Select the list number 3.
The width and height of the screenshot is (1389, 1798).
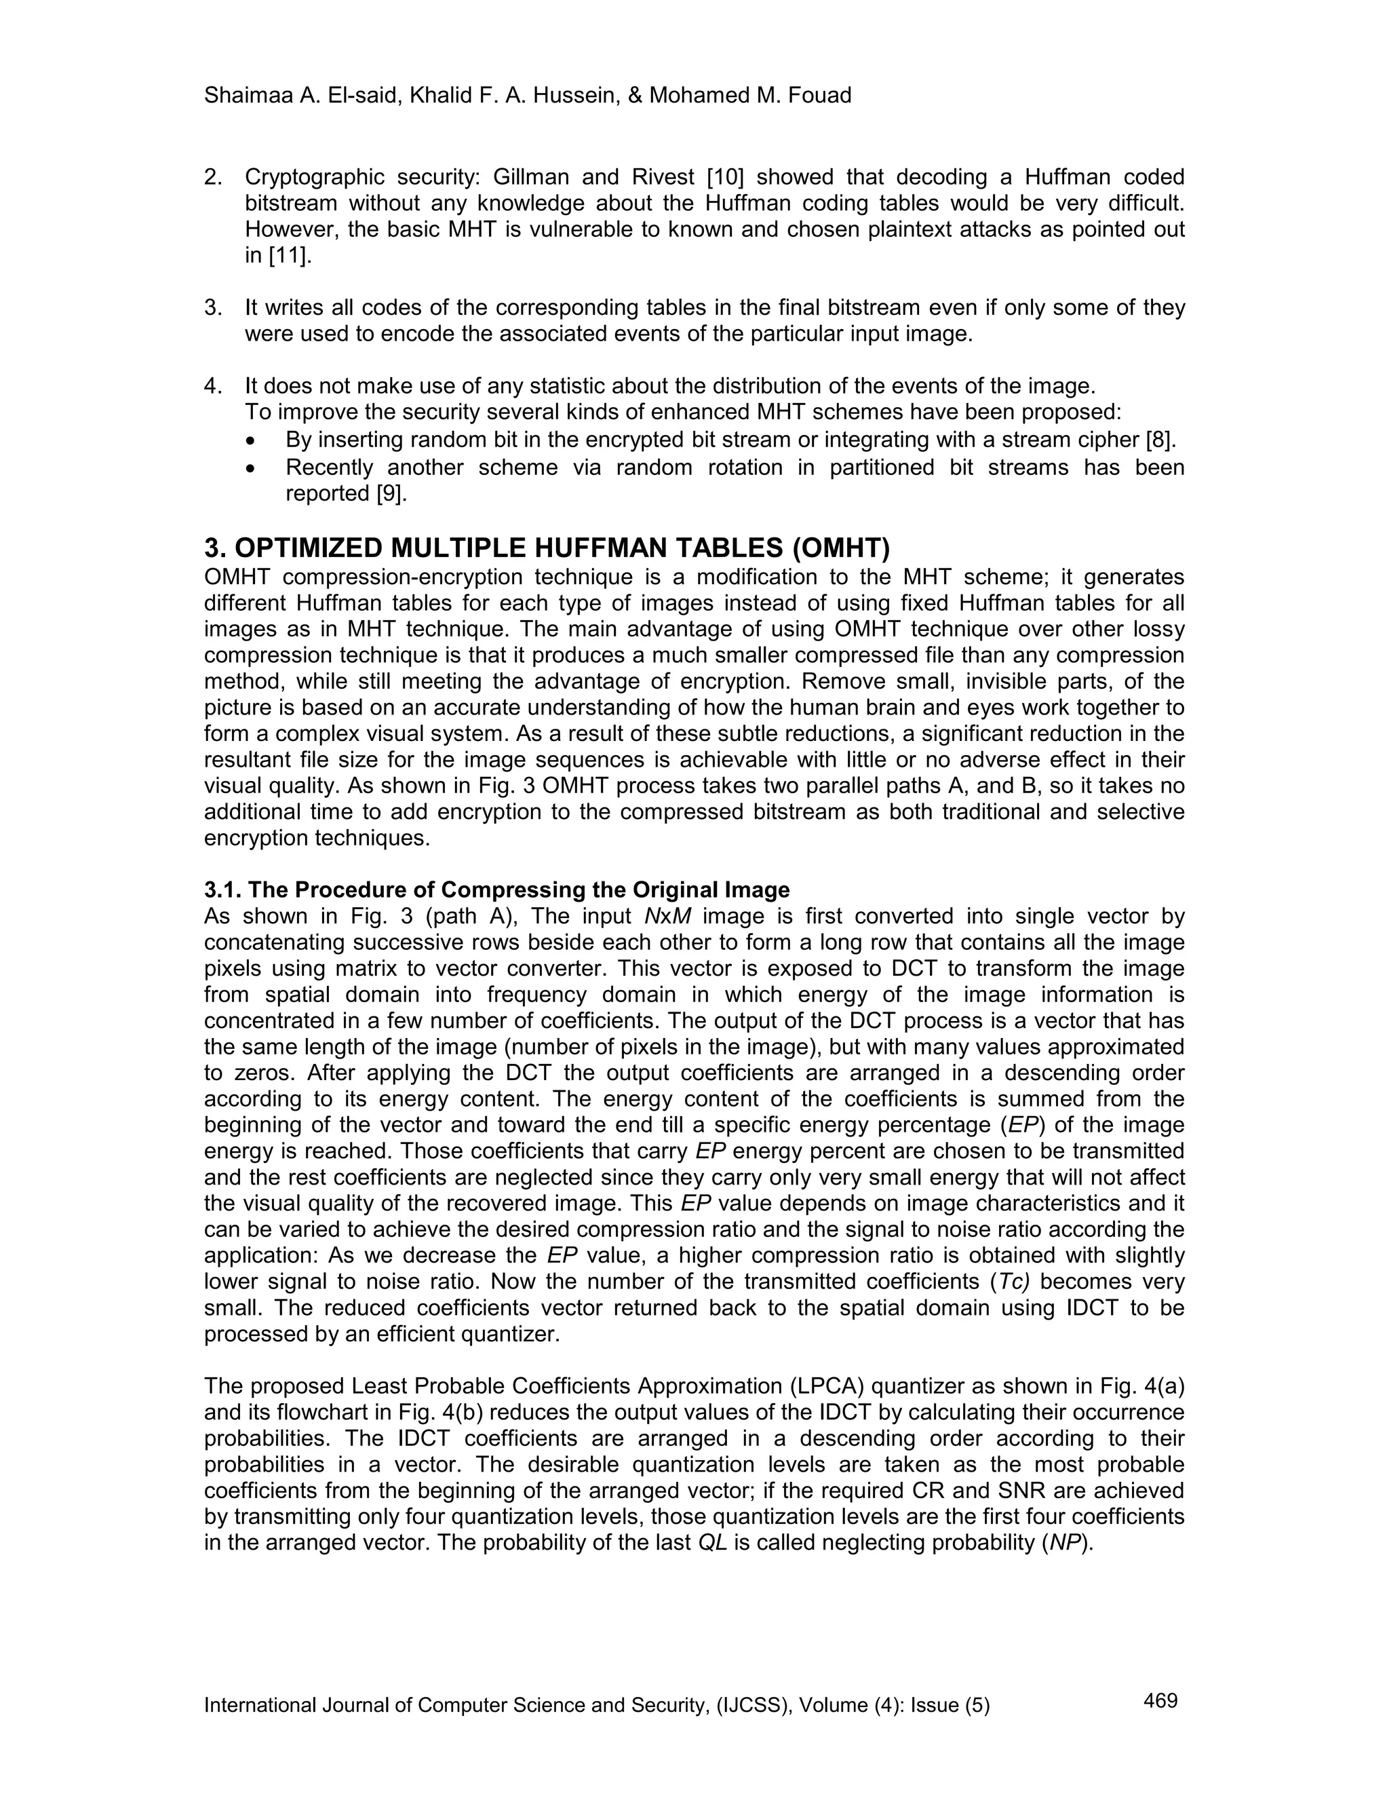coord(212,308)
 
